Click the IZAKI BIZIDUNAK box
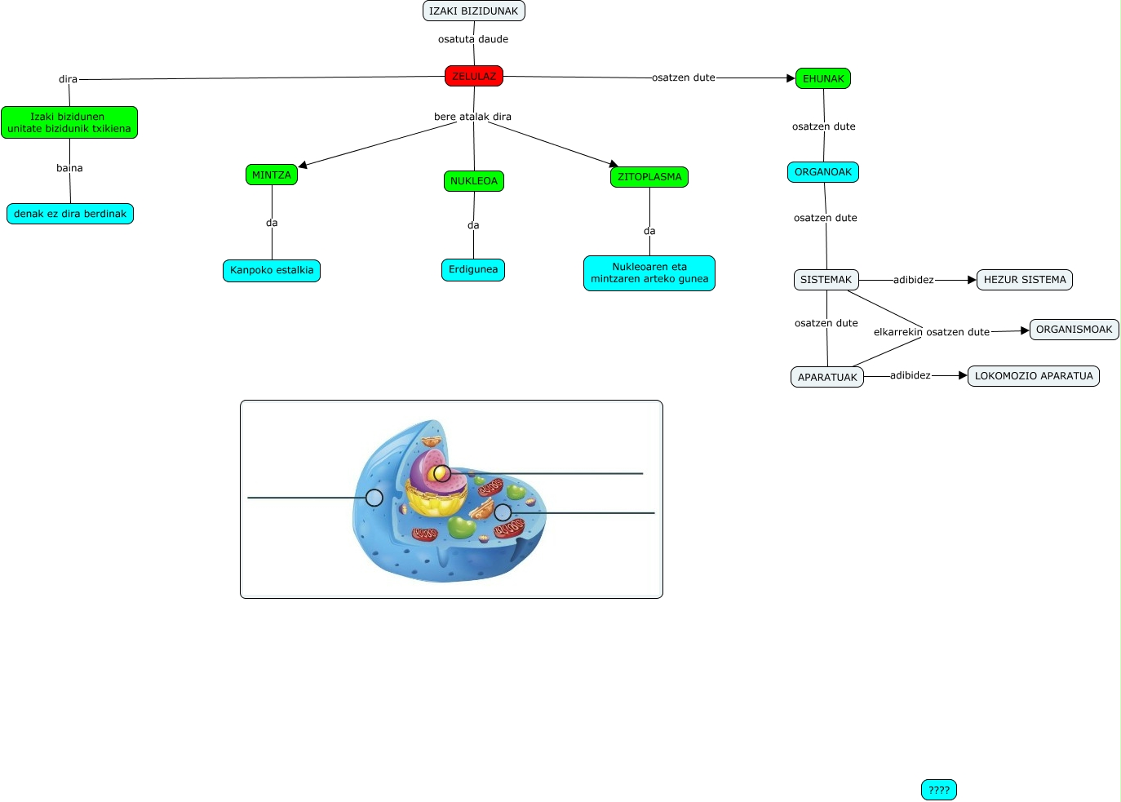(x=473, y=11)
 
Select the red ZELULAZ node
(x=473, y=76)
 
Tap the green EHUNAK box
(x=822, y=78)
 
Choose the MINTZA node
(x=271, y=175)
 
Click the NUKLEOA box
(x=473, y=180)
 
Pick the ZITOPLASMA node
(x=649, y=176)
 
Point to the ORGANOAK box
(x=822, y=172)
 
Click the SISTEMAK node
(x=825, y=280)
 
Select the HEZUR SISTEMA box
(x=1024, y=280)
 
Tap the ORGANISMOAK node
(x=1074, y=330)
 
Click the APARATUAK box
(x=826, y=377)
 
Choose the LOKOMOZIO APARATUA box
(x=1033, y=376)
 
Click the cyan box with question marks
(x=938, y=790)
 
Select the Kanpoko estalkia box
(x=271, y=270)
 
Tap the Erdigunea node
(x=472, y=269)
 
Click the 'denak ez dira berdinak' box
(x=69, y=214)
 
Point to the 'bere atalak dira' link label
(x=472, y=117)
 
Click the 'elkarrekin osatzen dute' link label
(x=931, y=332)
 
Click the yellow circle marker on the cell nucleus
(x=441, y=473)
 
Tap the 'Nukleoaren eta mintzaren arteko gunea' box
(x=649, y=273)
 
